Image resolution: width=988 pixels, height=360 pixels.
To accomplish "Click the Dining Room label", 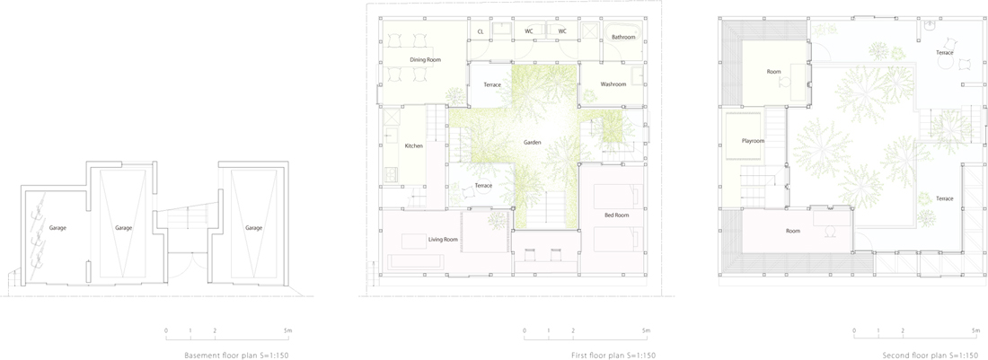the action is tap(426, 60).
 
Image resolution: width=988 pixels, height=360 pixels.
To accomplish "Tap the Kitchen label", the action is tap(414, 146).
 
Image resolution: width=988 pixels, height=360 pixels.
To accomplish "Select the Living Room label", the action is tap(443, 239).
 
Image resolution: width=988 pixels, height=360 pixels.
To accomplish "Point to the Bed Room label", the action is tap(617, 215).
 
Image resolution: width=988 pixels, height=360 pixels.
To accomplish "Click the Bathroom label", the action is tap(624, 37).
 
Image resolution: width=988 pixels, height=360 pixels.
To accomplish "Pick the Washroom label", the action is tap(613, 83).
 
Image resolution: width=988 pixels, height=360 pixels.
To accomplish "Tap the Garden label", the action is tap(533, 142).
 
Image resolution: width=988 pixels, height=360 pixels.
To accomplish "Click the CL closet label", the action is tap(481, 31).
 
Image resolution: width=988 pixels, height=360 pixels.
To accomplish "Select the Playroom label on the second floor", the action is tap(753, 141).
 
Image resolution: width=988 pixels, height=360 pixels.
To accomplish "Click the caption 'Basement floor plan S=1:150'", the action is tap(236, 356).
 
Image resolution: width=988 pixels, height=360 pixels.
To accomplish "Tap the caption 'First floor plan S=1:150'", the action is tap(613, 356).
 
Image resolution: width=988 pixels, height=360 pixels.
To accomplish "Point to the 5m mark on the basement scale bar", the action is tap(287, 330).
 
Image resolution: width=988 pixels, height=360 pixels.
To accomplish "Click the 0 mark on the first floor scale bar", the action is tap(525, 330).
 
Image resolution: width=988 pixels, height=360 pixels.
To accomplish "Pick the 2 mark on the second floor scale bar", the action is tap(903, 330).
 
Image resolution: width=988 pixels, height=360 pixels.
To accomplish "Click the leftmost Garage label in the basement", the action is tap(58, 228).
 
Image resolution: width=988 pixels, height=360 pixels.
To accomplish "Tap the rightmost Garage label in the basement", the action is tap(253, 228).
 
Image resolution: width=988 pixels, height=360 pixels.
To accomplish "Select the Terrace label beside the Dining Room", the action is tap(492, 84).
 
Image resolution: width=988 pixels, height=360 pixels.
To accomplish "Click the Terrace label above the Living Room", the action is tap(483, 186).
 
